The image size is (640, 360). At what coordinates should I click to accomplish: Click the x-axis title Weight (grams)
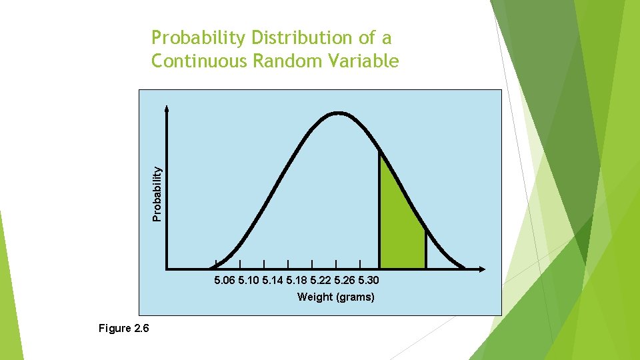click(x=335, y=297)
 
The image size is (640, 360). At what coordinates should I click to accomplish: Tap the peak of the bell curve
click(x=338, y=113)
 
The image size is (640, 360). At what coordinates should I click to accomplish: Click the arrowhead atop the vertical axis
click(x=167, y=108)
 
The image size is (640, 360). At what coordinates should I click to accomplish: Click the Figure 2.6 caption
click(x=124, y=329)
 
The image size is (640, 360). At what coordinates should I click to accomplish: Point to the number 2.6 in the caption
click(x=142, y=329)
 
